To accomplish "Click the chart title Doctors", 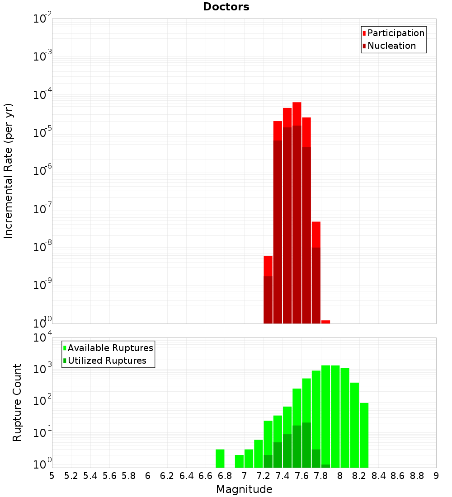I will tap(226, 7).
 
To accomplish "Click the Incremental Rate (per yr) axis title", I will tap(9, 171).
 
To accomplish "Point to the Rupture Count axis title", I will tap(17, 403).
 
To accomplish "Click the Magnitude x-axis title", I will tap(244, 489).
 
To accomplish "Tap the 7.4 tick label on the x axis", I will tap(282, 476).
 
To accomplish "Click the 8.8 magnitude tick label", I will tap(417, 476).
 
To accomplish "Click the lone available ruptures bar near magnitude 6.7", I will tap(220, 458).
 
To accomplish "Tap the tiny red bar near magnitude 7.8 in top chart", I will tap(325, 322).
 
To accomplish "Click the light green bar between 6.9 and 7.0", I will tap(239, 461).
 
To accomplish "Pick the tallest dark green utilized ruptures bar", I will tap(306, 445).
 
